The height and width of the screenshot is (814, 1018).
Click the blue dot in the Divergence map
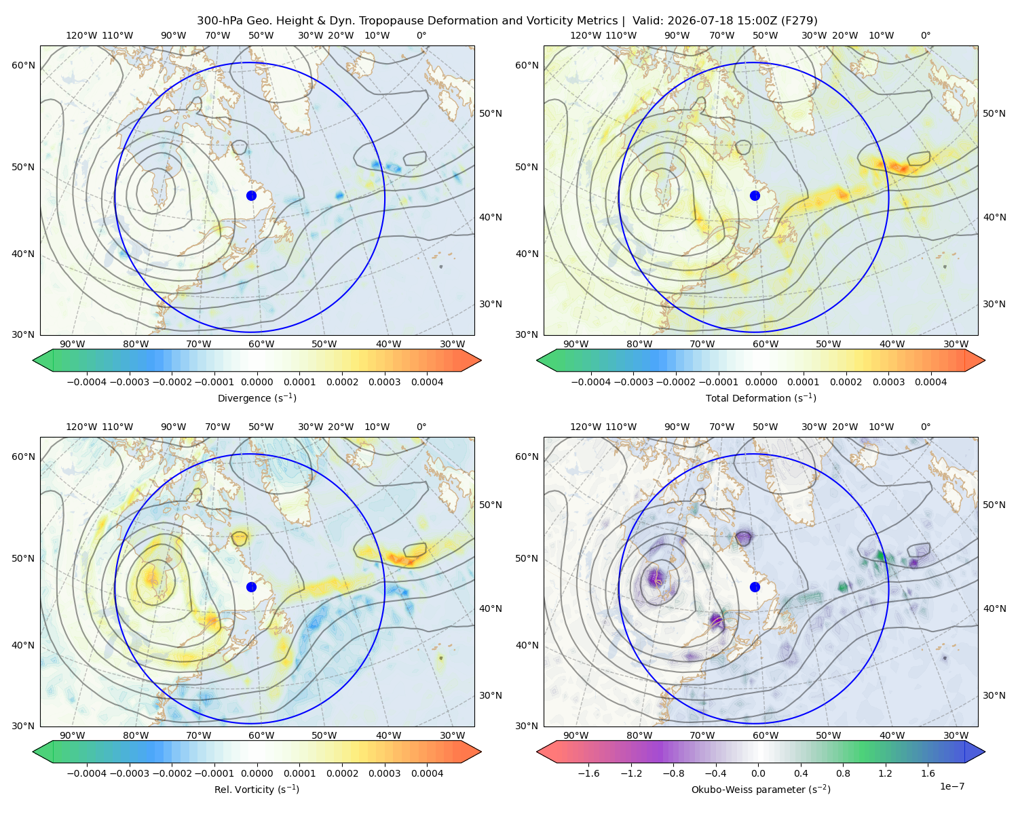251,195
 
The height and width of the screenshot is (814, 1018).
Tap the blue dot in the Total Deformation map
755,195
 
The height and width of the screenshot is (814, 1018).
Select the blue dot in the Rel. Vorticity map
251,587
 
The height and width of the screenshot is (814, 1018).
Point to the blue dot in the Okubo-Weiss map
755,587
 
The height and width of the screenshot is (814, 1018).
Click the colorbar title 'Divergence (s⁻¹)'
257,398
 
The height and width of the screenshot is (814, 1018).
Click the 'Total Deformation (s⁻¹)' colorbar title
761,398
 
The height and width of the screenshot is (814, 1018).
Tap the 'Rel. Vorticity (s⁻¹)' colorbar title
257,789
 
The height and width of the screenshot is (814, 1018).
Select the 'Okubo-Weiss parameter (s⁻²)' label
761,789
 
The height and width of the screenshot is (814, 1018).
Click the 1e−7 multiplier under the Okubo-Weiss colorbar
951,786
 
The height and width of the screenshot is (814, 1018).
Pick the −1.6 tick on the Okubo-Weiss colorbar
588,773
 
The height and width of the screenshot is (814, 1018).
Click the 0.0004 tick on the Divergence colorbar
427,382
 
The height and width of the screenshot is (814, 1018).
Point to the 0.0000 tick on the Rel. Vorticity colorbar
257,773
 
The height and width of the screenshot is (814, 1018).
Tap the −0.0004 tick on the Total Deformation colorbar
591,382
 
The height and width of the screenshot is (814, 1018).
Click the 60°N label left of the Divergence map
23,65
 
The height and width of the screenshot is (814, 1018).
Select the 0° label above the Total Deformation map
925,35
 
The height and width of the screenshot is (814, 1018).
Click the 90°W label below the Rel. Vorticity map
73,735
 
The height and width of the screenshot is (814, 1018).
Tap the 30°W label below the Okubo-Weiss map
956,735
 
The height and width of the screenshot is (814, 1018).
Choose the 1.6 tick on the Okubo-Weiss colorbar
928,773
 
